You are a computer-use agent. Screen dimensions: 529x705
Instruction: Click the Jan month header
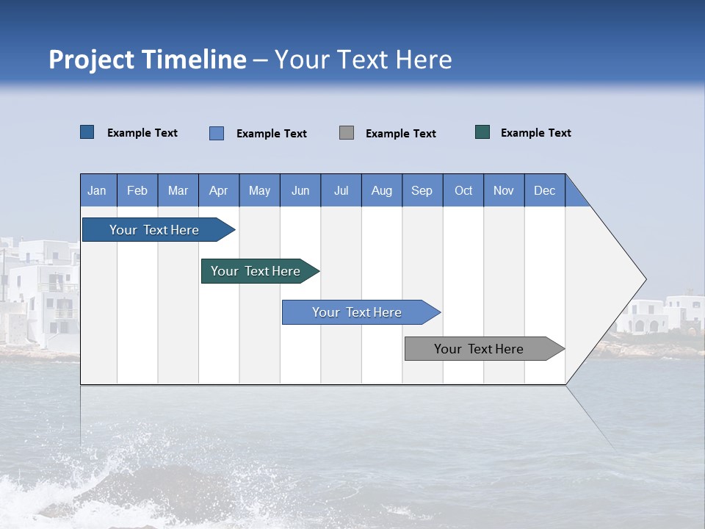98,190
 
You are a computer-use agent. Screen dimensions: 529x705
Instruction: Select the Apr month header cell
219,190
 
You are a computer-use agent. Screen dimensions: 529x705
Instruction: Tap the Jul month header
341,190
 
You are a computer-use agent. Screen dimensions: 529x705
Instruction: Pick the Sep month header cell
422,190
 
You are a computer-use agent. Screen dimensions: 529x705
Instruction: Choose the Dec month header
544,190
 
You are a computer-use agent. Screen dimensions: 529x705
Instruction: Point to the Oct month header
463,190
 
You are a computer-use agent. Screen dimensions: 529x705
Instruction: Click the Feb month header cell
137,190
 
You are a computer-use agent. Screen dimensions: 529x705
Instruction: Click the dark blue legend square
87,132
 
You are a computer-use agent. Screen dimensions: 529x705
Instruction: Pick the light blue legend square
217,133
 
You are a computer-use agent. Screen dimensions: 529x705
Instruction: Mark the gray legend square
347,133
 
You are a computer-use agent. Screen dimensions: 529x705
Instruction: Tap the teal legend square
482,132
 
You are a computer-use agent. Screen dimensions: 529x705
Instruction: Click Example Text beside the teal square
535,133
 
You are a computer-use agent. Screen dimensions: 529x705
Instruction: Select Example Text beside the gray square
400,134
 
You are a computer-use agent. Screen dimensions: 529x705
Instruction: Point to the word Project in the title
92,60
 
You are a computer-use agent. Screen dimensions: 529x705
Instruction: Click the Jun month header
300,190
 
